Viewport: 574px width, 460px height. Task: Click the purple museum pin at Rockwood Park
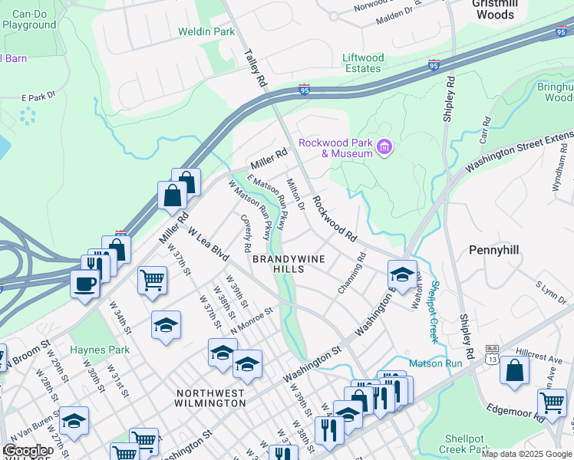coord(385,146)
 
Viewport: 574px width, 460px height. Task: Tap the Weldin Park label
coord(206,32)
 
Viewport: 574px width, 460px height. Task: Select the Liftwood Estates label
coord(362,63)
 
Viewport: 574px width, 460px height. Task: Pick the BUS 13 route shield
coord(491,353)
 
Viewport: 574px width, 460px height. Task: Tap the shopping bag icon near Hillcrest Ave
coord(514,371)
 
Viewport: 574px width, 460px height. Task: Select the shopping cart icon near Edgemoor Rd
coord(552,402)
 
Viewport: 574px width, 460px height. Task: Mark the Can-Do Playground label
coord(29,20)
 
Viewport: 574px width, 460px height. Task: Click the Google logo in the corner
coord(26,451)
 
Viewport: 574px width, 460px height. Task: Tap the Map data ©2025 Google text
coord(526,454)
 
